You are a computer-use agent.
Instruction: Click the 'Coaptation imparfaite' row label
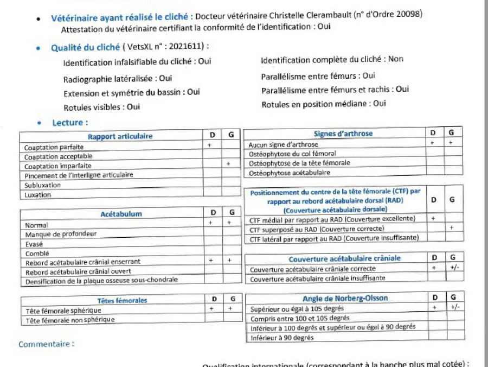pyautogui.click(x=58, y=166)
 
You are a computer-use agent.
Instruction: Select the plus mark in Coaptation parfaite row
pyautogui.click(x=209, y=145)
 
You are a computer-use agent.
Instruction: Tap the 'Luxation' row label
pyautogui.click(x=38, y=194)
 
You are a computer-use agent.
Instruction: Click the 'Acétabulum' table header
pyautogui.click(x=121, y=214)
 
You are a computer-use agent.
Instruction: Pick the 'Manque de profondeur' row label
pyautogui.click(x=61, y=235)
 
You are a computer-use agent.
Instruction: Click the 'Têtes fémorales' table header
pyautogui.click(x=122, y=300)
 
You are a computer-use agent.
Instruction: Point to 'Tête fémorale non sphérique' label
pyautogui.click(x=70, y=320)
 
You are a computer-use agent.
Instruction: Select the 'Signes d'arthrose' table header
pyautogui.click(x=343, y=134)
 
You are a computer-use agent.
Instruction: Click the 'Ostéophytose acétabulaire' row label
pyautogui.click(x=289, y=173)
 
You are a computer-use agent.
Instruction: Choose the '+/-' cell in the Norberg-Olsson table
pyautogui.click(x=454, y=307)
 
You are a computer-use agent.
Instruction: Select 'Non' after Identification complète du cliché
pyautogui.click(x=396, y=59)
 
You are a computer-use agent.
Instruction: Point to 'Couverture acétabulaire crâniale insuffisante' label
pyautogui.click(x=317, y=279)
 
